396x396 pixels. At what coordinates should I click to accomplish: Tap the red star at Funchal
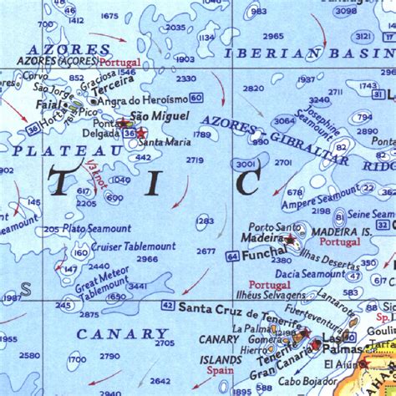(x=289, y=241)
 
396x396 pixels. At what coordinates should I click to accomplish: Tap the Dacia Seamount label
(x=311, y=273)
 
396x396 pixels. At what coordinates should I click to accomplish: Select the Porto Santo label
(x=275, y=226)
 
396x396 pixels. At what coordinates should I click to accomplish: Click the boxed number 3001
(x=246, y=165)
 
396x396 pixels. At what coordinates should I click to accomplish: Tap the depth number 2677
(x=206, y=251)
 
